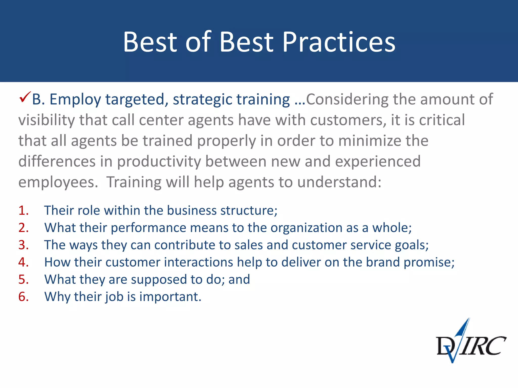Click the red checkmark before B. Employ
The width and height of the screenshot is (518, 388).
click(x=25, y=97)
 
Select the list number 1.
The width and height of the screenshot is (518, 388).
click(x=23, y=210)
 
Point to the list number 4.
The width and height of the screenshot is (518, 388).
click(x=23, y=262)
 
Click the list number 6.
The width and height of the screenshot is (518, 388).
click(x=23, y=297)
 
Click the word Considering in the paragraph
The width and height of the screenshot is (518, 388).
click(x=347, y=99)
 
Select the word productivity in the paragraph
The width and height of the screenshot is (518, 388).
click(x=159, y=161)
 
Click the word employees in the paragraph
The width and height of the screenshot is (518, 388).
click(x=58, y=182)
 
